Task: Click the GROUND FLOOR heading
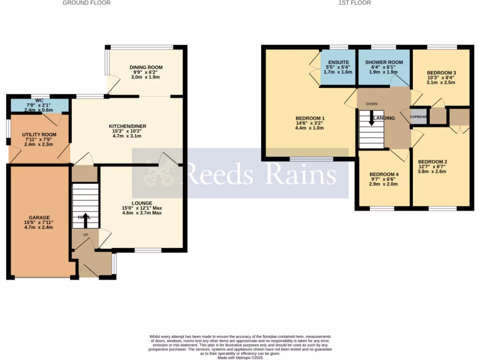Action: point(87,3)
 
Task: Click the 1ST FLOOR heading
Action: point(355,3)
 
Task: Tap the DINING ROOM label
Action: point(146,67)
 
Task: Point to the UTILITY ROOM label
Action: point(39,135)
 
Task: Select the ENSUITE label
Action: point(338,62)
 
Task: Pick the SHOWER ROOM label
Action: point(384,62)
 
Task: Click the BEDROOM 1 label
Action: point(310,118)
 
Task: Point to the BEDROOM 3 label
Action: point(441,73)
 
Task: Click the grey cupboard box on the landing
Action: point(419,117)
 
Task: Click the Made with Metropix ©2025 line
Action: point(240,358)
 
